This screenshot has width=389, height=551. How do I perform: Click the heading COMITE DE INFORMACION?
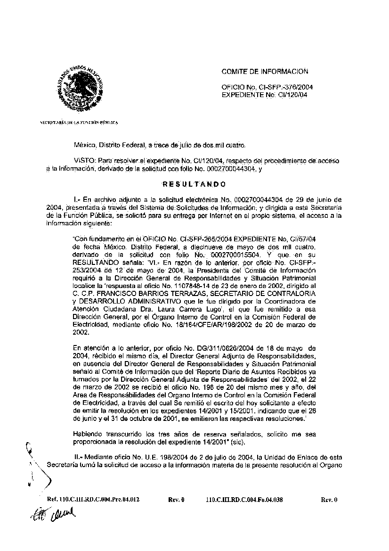[265, 72]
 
